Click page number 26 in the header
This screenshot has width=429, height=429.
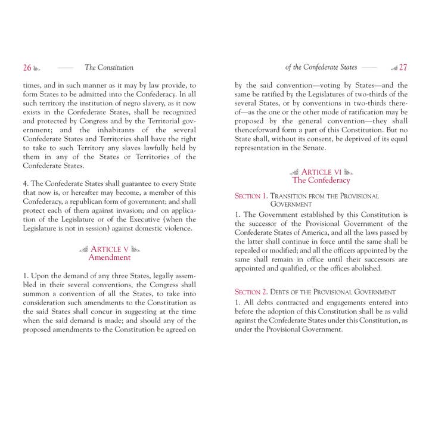point(27,68)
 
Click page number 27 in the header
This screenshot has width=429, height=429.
point(403,68)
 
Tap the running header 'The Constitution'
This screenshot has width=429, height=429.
point(109,68)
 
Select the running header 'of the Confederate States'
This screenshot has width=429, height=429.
point(321,68)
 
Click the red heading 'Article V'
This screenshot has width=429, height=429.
point(111,249)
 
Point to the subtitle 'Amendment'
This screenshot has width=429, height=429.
point(109,258)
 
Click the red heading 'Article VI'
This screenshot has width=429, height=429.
point(321,172)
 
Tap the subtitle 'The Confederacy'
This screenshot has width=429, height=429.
point(321,181)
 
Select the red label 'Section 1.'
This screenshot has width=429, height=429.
point(250,196)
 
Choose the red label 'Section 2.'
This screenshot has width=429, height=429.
point(250,293)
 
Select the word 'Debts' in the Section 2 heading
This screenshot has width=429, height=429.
point(283,293)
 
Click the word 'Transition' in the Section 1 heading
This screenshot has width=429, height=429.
point(291,196)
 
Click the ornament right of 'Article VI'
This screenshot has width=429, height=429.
point(349,172)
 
